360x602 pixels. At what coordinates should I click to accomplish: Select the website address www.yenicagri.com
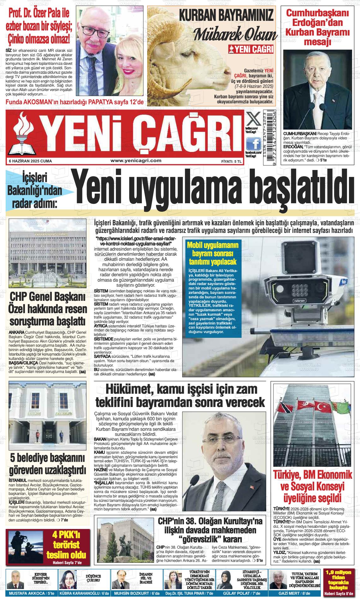click(x=136, y=161)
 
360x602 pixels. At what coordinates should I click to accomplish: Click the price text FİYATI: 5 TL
click(x=231, y=161)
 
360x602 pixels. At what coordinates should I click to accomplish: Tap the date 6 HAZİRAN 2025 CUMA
click(x=30, y=161)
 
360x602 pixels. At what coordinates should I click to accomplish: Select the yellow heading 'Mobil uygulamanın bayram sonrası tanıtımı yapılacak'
click(x=213, y=253)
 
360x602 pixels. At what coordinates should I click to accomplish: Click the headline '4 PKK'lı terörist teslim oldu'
click(x=66, y=544)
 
